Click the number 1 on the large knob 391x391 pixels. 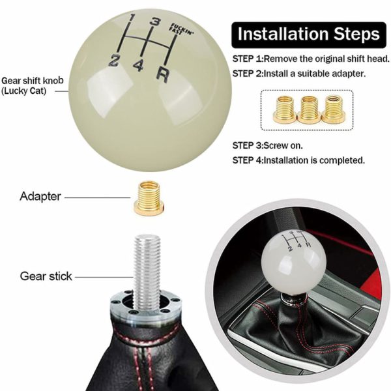132,19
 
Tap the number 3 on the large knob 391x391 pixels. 155,22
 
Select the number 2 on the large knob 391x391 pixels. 113,61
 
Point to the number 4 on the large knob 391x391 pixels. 138,66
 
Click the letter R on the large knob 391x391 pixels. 162,74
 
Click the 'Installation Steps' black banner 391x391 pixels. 309,35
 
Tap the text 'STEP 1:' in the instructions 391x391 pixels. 248,59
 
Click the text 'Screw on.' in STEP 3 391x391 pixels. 283,145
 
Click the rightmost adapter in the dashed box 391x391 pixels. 333,109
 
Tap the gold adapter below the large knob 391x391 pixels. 149,198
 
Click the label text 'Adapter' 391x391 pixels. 40,197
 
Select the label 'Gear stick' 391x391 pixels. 46,276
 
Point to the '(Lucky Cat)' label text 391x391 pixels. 24,91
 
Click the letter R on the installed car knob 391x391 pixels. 308,244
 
